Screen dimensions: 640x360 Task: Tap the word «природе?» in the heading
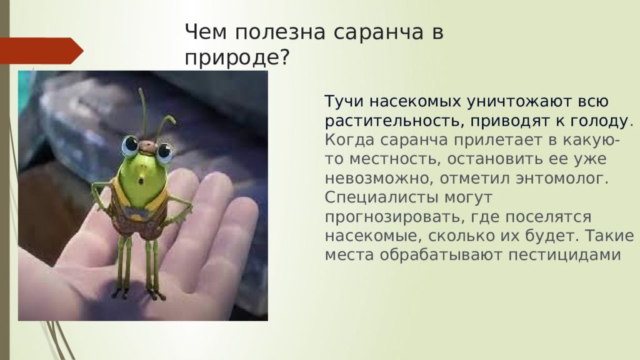(x=237, y=58)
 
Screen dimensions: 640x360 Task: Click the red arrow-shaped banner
(x=41, y=51)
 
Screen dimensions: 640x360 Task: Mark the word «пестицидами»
(x=564, y=255)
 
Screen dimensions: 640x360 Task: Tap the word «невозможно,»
(x=379, y=179)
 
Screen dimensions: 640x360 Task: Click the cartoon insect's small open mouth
(x=141, y=181)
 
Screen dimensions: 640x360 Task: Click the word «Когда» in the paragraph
(x=350, y=140)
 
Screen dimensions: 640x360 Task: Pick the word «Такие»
(x=609, y=236)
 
